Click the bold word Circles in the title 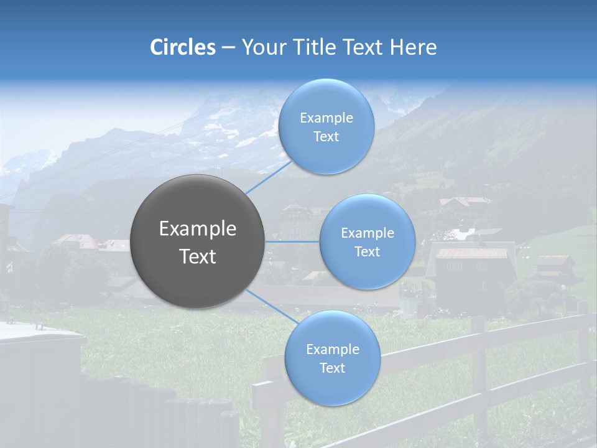pyautogui.click(x=182, y=47)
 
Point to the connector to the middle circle pyautogui.click(x=292, y=241)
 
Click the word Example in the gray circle pyautogui.click(x=198, y=229)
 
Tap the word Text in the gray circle pyautogui.click(x=198, y=256)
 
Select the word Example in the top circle pyautogui.click(x=326, y=118)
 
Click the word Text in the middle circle pyautogui.click(x=368, y=251)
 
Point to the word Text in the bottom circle pyautogui.click(x=332, y=368)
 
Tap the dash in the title pyautogui.click(x=228, y=47)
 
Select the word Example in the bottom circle pyautogui.click(x=332, y=349)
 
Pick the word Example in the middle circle pyautogui.click(x=368, y=233)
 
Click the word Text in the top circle pyautogui.click(x=326, y=136)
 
